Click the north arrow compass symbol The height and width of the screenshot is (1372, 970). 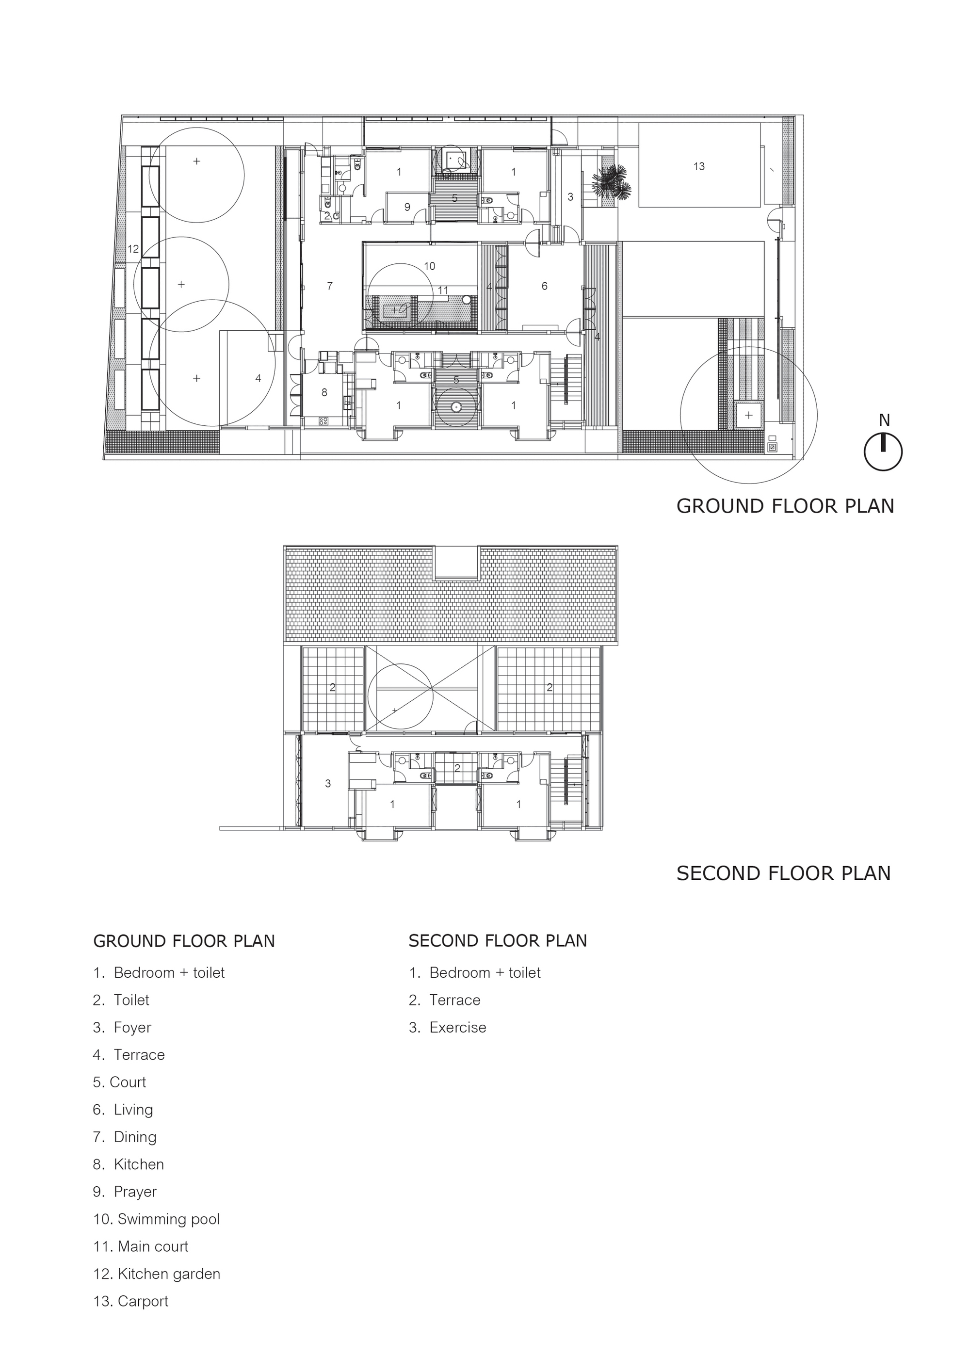pos(883,452)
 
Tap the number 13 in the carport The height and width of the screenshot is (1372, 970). pos(699,167)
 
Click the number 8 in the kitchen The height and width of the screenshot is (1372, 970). pos(324,393)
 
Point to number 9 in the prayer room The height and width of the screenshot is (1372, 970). pos(407,208)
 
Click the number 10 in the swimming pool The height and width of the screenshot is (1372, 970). pos(429,266)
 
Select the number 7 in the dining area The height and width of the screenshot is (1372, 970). pos(330,286)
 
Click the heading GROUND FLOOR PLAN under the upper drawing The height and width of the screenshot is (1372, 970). pos(785,506)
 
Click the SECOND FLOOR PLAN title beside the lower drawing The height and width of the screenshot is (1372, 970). pos(783,873)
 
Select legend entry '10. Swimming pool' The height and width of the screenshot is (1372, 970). pos(157,1219)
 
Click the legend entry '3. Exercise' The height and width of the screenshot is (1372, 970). pos(448,1027)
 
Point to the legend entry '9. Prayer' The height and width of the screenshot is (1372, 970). pos(125,1192)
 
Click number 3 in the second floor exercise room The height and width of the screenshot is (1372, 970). pos(327,783)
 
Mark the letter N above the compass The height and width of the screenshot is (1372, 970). pos(884,420)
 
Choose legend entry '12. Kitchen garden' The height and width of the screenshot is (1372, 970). pos(157,1274)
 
